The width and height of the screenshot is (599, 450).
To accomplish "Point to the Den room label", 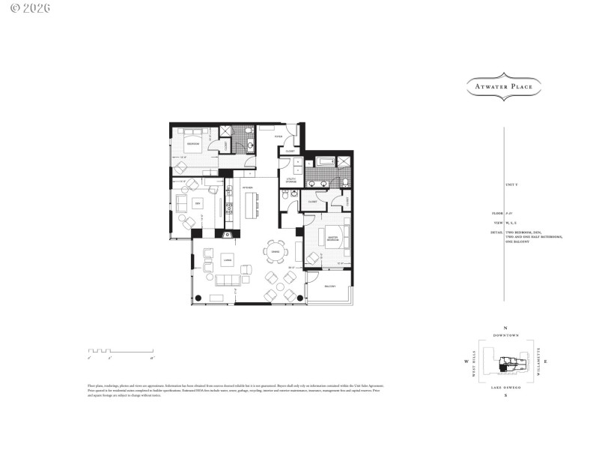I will click(x=198, y=203).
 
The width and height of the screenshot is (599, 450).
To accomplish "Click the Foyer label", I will click(x=279, y=137).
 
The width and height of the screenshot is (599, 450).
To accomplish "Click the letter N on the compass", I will click(x=506, y=328).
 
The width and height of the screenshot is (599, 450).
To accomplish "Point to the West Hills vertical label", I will click(x=474, y=362).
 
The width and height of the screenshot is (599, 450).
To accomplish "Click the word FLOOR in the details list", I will click(x=492, y=214).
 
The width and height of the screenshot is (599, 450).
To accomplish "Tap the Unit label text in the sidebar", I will click(x=511, y=184).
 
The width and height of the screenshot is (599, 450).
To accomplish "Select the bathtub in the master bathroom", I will click(x=326, y=161).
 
